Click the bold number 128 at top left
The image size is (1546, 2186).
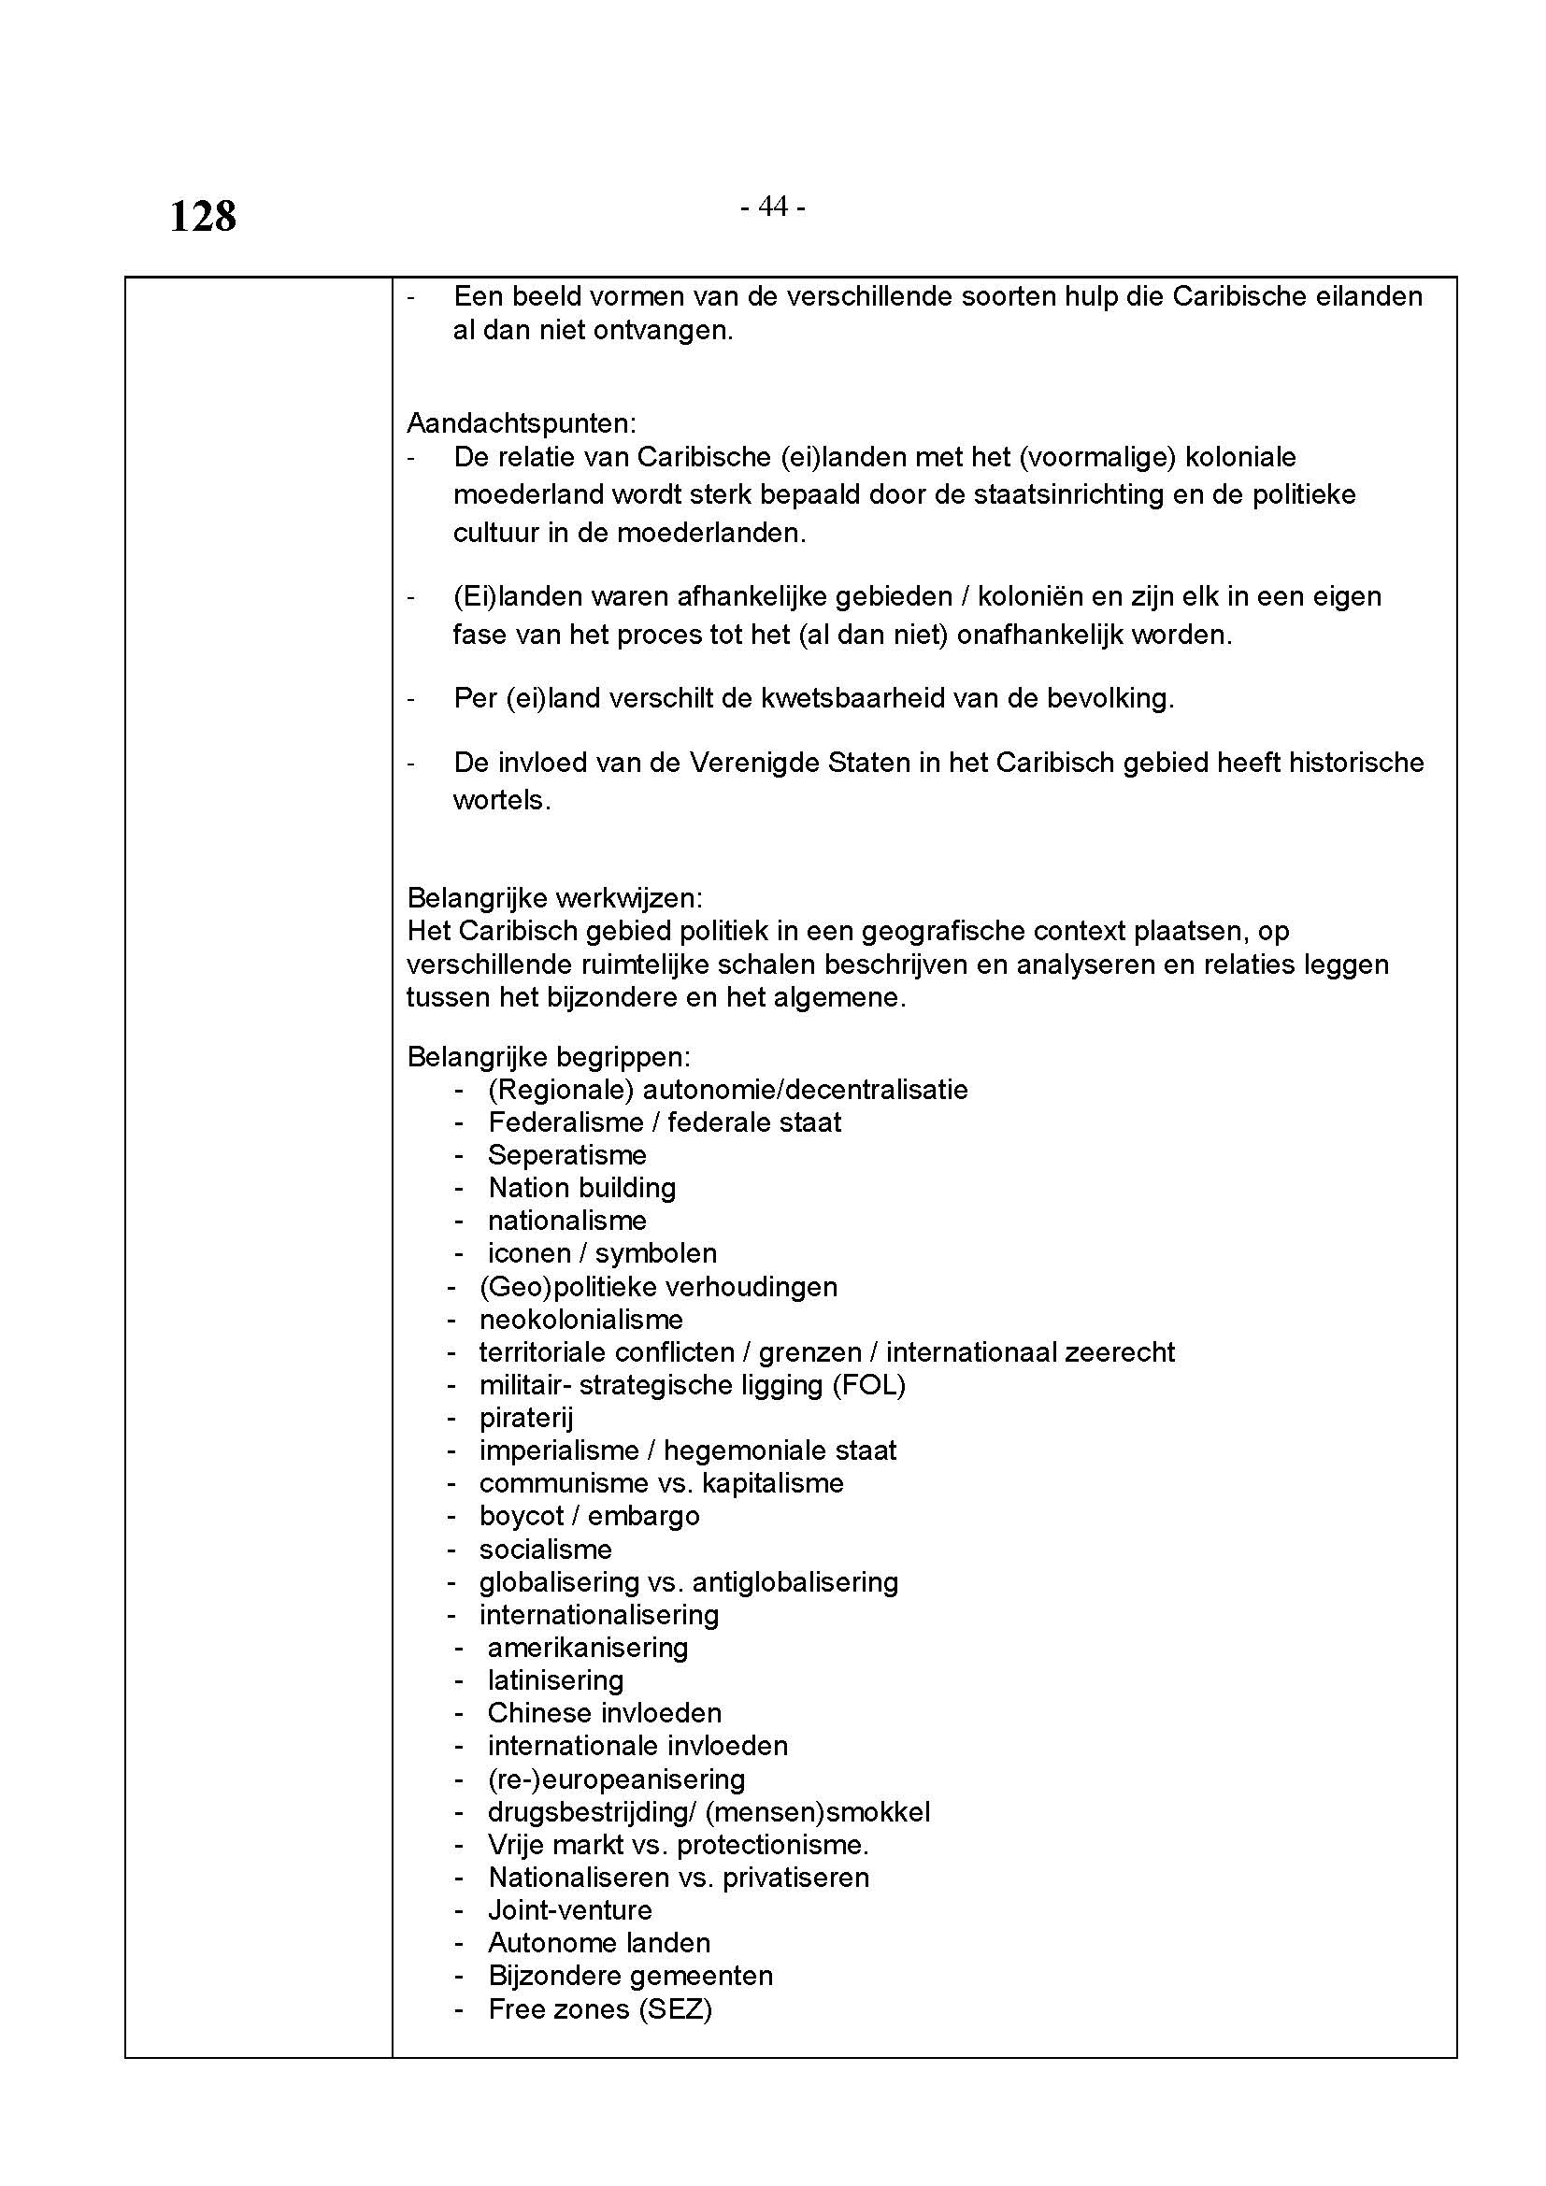pos(203,217)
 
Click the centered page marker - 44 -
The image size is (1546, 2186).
pos(772,207)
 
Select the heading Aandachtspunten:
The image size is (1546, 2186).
pos(521,422)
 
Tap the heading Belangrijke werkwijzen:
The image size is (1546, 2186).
pos(555,898)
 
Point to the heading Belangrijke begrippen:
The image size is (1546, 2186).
pos(549,1057)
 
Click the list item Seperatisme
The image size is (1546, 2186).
pos(566,1155)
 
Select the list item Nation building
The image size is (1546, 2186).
pos(581,1187)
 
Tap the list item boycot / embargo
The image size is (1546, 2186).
pos(589,1516)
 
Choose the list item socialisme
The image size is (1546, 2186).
pos(546,1549)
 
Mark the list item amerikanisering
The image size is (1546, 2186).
pos(587,1647)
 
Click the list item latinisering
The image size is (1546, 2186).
pos(555,1680)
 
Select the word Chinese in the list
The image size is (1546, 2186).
pos(538,1713)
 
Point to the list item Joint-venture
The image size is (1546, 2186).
pos(569,1910)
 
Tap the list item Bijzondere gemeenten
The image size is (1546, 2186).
pos(630,1976)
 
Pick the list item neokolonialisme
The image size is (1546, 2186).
pos(580,1320)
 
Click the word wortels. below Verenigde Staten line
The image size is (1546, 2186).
pos(502,800)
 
